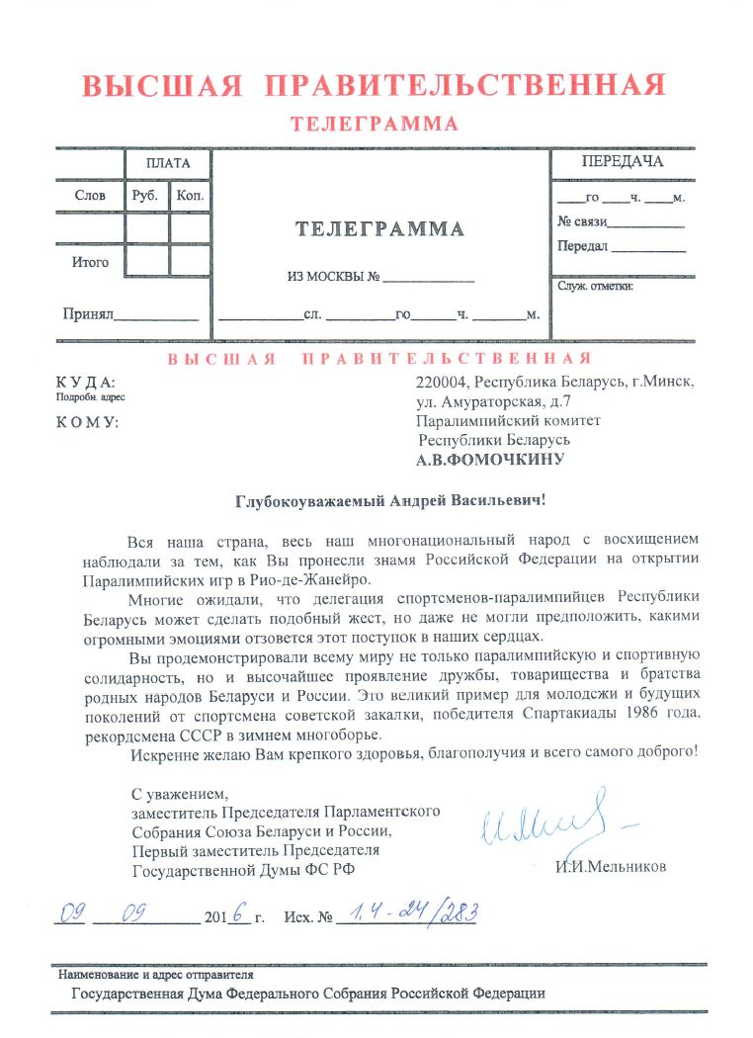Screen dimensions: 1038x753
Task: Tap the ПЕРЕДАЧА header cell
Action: pyautogui.click(x=622, y=161)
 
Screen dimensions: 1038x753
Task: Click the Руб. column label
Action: pyautogui.click(x=145, y=196)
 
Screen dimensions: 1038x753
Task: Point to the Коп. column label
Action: pyautogui.click(x=189, y=196)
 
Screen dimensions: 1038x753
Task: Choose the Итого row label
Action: pyautogui.click(x=90, y=263)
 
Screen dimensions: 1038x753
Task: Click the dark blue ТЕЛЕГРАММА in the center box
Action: pyautogui.click(x=380, y=229)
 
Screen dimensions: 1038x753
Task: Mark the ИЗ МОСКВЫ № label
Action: pyautogui.click(x=334, y=277)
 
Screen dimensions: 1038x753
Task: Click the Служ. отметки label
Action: pyautogui.click(x=595, y=287)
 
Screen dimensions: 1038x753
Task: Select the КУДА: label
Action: pyautogui.click(x=86, y=382)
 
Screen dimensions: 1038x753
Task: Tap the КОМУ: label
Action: pyautogui.click(x=86, y=422)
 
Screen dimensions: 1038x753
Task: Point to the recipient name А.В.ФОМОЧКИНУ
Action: pyautogui.click(x=490, y=459)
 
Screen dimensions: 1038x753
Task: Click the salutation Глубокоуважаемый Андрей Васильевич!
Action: pyautogui.click(x=390, y=501)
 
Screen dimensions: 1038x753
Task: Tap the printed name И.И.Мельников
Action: pyautogui.click(x=611, y=867)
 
